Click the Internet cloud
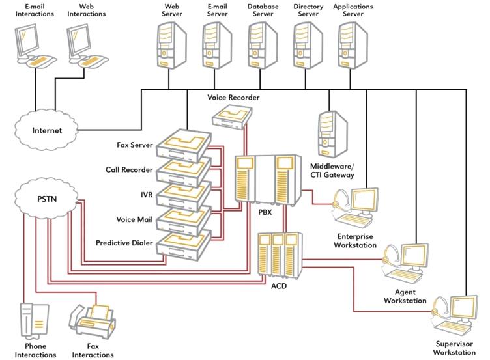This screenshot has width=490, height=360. (47, 130)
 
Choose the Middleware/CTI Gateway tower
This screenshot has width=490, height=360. (332, 134)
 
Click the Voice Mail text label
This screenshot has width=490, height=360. (134, 219)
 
